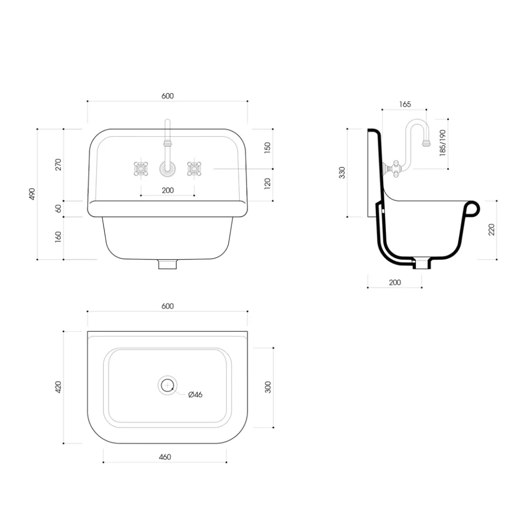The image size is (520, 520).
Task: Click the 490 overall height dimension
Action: pos(32,194)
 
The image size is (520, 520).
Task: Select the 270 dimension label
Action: pos(59,164)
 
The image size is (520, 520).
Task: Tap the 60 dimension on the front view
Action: pos(59,209)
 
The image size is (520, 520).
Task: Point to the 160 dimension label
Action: pos(59,238)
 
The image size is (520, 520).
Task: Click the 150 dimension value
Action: pos(268,148)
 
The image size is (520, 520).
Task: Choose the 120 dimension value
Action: pos(268,183)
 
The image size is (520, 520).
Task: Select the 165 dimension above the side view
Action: pos(405,104)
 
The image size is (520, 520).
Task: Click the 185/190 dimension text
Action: pos(442,144)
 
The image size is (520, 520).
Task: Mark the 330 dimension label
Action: pos(342,172)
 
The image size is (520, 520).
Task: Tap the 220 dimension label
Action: pos(491,229)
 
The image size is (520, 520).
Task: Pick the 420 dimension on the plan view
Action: pos(59,387)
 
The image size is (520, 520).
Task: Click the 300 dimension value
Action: pos(268,387)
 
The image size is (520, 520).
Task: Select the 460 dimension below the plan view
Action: pos(165,457)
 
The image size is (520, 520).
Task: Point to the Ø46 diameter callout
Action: pos(195,395)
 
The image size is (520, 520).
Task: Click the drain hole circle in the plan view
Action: pos(167,386)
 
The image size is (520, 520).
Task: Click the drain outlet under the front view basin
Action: pos(167,264)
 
